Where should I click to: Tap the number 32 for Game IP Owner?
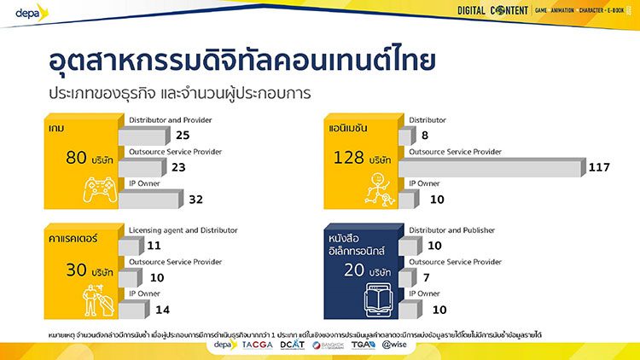(195, 200)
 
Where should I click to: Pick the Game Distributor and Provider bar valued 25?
(145, 136)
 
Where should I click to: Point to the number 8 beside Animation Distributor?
(425, 135)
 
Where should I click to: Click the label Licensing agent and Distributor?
(183, 230)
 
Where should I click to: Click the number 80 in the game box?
(78, 158)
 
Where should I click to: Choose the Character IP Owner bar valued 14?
(137, 309)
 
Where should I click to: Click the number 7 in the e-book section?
(425, 278)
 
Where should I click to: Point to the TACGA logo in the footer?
(257, 345)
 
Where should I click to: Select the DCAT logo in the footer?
(293, 345)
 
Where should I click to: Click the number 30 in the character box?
(78, 271)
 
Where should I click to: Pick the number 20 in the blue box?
(352, 271)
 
